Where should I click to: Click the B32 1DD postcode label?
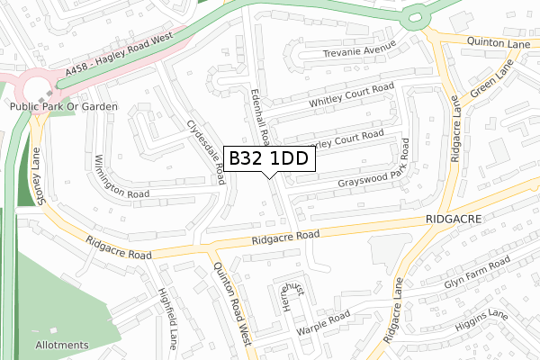point(269,159)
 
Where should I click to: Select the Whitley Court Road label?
point(352,97)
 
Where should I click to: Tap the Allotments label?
point(62,345)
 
